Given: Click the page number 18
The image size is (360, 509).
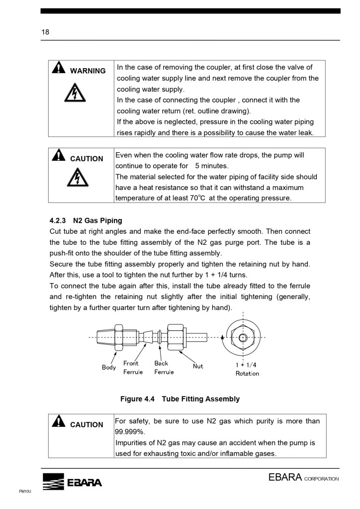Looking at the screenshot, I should click(x=45, y=32).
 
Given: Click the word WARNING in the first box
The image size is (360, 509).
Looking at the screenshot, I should click(x=88, y=71).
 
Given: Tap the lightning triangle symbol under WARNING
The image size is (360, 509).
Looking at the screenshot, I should click(x=75, y=93).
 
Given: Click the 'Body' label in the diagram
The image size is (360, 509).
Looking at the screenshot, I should click(x=109, y=368).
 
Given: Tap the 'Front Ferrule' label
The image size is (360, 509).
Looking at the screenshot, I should click(x=132, y=368).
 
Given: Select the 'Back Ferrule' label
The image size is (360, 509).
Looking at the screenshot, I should click(x=164, y=368).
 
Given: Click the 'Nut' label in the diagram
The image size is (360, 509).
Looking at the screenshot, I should click(x=198, y=366).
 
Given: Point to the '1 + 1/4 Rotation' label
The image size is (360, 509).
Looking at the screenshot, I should click(x=247, y=369).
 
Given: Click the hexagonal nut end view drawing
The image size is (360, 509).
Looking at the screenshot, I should click(x=242, y=337).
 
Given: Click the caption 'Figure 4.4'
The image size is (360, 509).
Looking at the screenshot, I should click(x=138, y=399).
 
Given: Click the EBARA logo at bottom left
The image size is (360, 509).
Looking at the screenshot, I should click(x=72, y=482).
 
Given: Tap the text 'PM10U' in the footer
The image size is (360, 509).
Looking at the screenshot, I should click(x=25, y=491).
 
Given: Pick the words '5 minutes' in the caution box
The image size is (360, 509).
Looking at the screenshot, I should click(x=211, y=166).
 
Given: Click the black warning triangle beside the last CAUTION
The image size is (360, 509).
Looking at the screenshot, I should click(x=59, y=422).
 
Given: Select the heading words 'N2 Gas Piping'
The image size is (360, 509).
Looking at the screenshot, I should click(x=97, y=220).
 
